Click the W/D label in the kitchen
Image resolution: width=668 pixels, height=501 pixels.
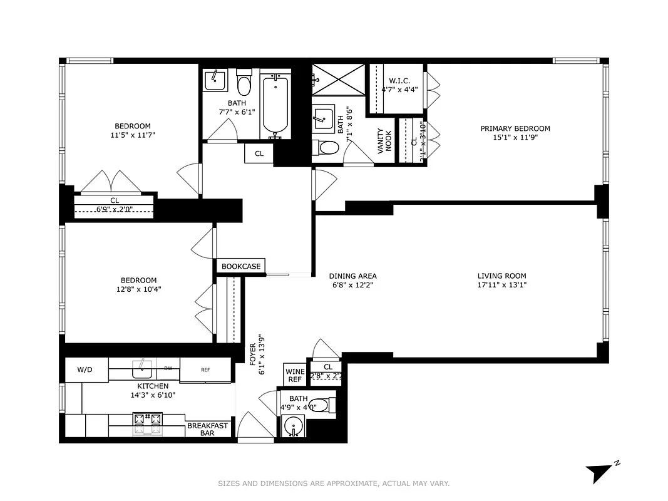(85, 369)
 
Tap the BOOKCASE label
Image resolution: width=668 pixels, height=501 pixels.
(241, 266)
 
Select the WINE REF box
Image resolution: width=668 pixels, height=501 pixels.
(295, 376)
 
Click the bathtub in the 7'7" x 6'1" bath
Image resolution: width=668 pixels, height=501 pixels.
(275, 105)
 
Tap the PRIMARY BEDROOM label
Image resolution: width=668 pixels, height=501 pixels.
(515, 128)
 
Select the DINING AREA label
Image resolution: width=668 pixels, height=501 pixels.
(353, 276)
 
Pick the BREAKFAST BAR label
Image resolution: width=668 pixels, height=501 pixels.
(208, 429)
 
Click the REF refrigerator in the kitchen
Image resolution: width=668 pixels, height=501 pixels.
(205, 369)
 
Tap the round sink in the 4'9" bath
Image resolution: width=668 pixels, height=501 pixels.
(292, 428)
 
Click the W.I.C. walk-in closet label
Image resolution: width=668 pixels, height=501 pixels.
(399, 81)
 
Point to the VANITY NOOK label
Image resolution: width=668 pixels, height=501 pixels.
(384, 141)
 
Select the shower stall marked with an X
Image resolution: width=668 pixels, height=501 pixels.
(339, 80)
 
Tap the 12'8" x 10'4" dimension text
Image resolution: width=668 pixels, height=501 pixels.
(138, 289)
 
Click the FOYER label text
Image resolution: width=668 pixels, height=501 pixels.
(253, 355)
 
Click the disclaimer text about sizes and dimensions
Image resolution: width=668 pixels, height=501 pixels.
(334, 483)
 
